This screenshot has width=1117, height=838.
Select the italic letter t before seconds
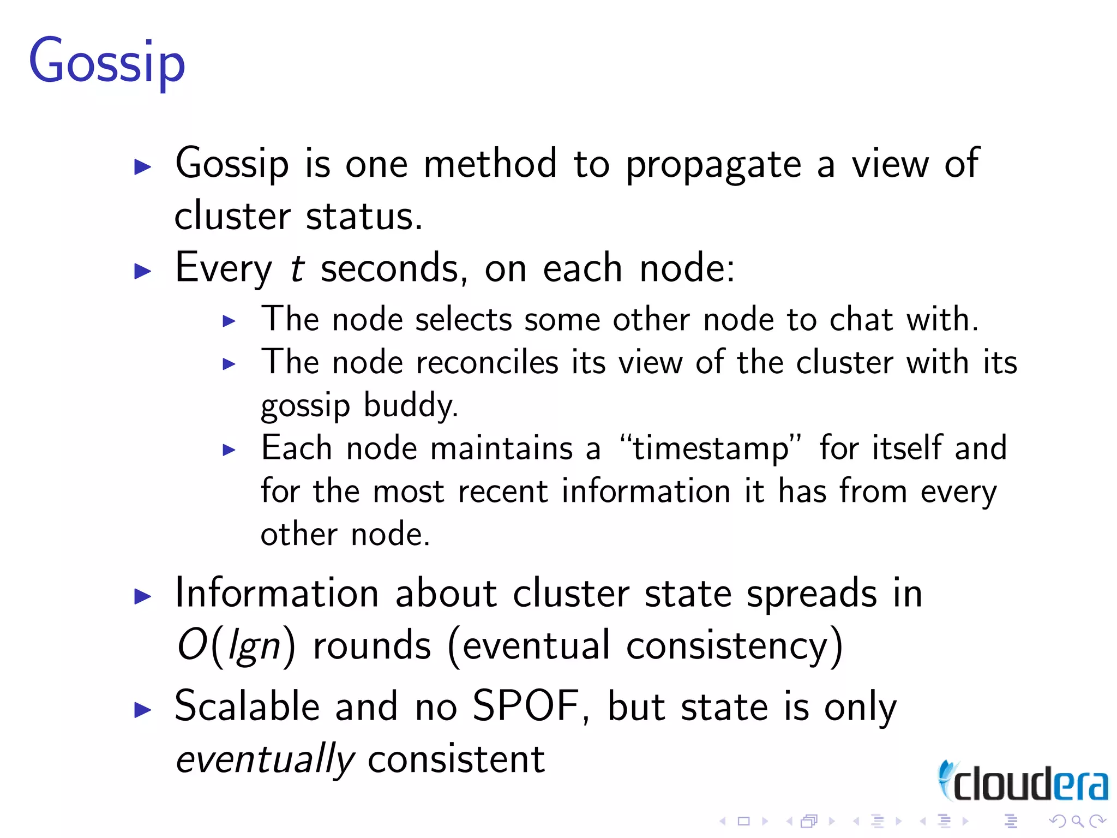pyautogui.click(x=297, y=268)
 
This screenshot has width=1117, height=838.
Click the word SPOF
pyautogui.click(x=525, y=707)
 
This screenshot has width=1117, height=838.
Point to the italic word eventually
pyautogui.click(x=265, y=759)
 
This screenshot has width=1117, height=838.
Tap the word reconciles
pyautogui.click(x=487, y=363)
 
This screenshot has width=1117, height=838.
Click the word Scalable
pyautogui.click(x=247, y=707)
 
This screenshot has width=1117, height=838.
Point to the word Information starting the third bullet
pyautogui.click(x=277, y=594)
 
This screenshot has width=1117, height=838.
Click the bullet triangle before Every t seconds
pyautogui.click(x=142, y=271)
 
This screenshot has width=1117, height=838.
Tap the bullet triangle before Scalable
pyautogui.click(x=142, y=709)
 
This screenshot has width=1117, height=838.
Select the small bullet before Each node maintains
pyautogui.click(x=229, y=451)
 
